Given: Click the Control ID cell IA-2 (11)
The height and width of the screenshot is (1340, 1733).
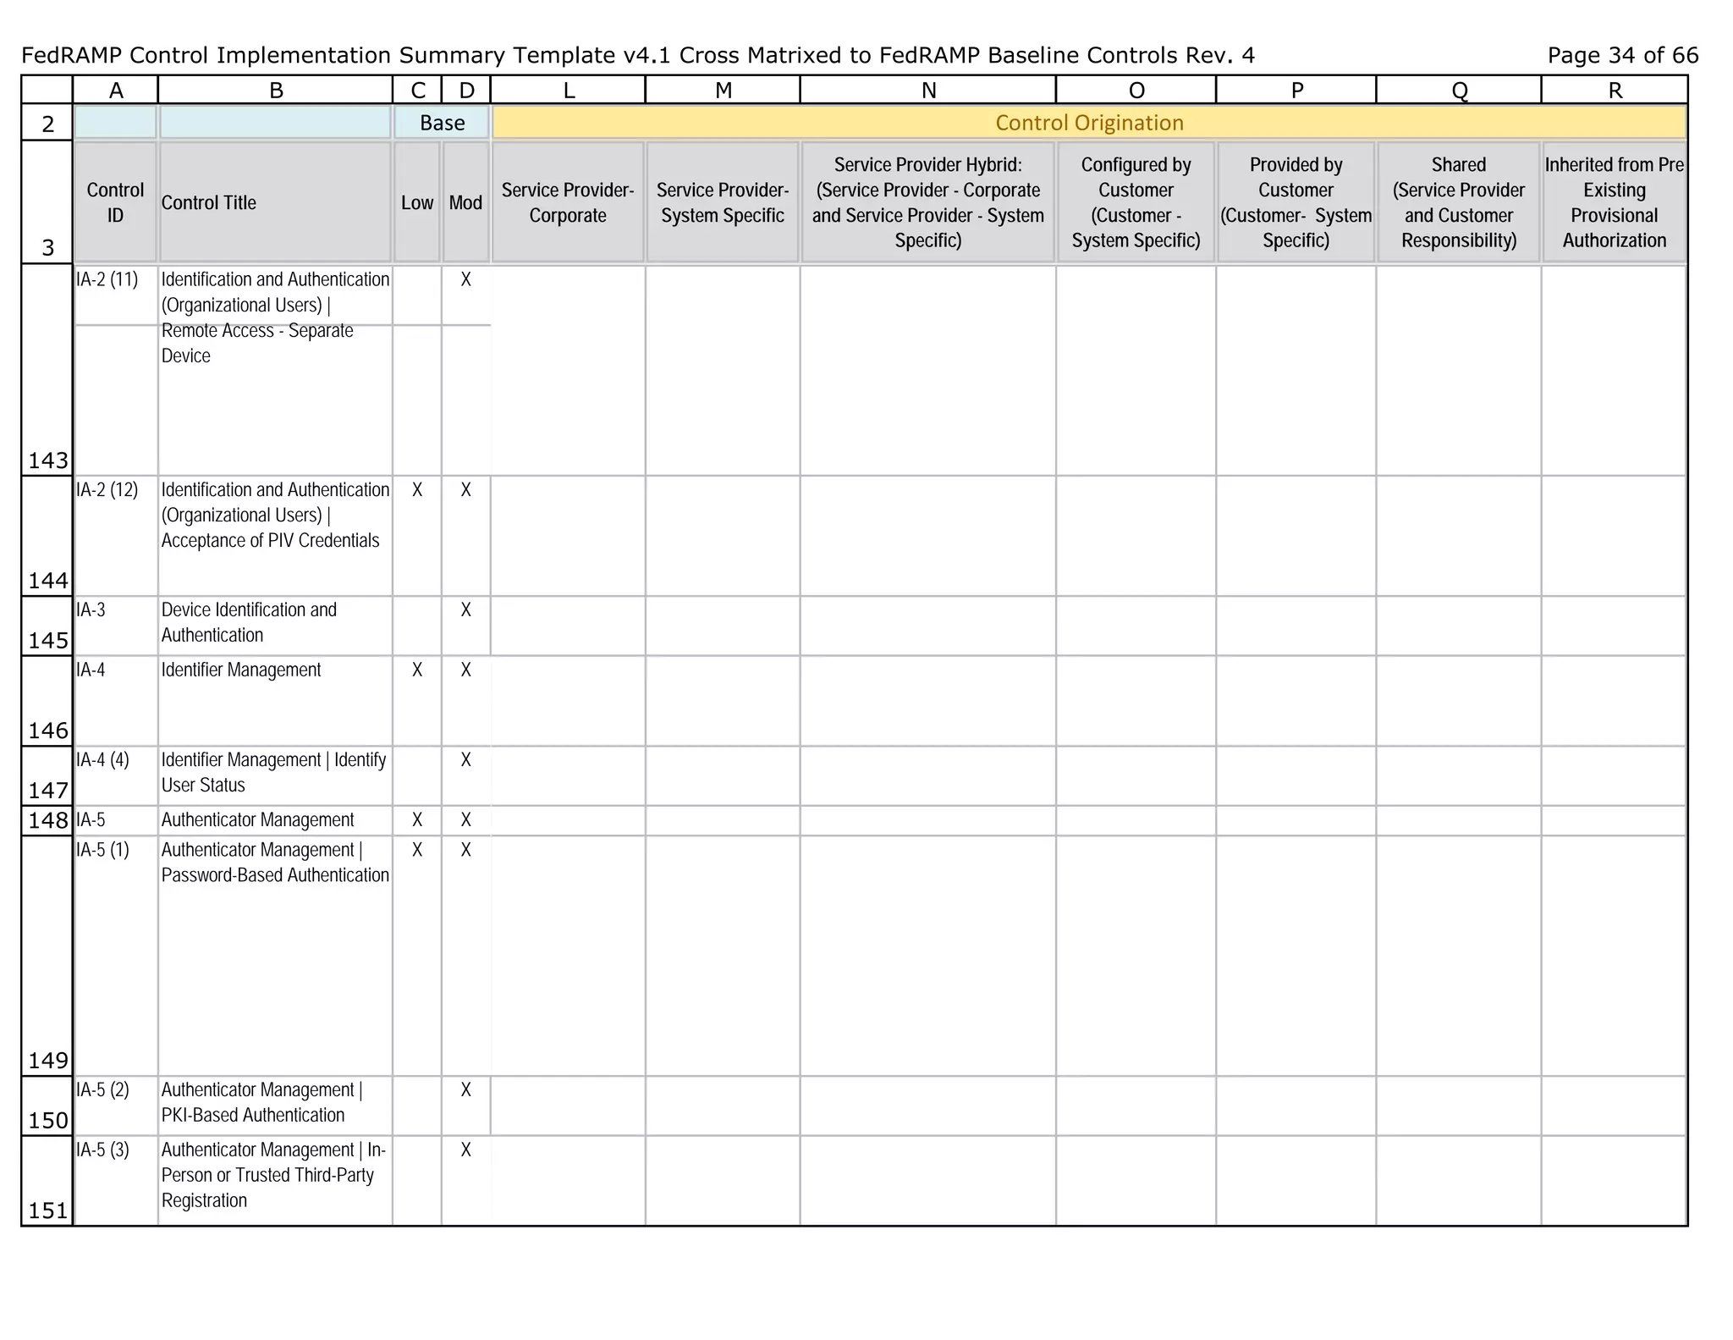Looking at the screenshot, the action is point(107,280).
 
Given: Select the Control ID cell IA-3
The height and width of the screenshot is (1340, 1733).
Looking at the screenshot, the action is point(91,610).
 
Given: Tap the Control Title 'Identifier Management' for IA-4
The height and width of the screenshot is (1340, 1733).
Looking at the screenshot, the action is point(241,670).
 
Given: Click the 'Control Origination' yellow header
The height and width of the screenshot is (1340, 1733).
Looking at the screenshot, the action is point(1089,123).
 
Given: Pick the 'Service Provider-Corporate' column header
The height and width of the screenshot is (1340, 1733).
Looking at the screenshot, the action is point(568,203).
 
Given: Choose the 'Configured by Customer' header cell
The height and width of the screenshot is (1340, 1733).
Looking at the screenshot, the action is point(1136,203).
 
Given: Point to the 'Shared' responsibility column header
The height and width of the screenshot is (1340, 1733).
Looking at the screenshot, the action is point(1458,203).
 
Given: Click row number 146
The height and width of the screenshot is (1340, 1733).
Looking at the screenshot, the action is point(47,731).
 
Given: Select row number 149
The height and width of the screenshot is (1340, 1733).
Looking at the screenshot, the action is point(47,1060).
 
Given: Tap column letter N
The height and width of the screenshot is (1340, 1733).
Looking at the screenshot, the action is point(928,91).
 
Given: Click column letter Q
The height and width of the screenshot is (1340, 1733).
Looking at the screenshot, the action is point(1459,91).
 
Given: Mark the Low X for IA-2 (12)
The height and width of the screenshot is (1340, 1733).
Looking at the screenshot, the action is point(417,490).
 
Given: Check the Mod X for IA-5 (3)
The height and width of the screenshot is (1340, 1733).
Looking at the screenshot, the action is point(465,1150).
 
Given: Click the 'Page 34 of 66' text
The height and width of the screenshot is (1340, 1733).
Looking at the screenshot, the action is point(1622,56).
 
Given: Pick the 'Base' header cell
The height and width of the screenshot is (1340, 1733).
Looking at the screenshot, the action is point(442,123).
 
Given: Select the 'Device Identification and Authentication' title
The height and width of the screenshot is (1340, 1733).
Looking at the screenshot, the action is point(249,623).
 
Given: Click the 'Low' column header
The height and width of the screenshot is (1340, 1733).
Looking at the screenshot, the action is point(417,203).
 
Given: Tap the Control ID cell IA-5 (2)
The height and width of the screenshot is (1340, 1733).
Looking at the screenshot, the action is point(103,1090).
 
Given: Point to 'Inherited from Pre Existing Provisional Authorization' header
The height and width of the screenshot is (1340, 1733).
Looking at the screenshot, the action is point(1614,203).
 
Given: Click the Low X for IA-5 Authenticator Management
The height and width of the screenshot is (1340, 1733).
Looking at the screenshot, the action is point(417,820).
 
